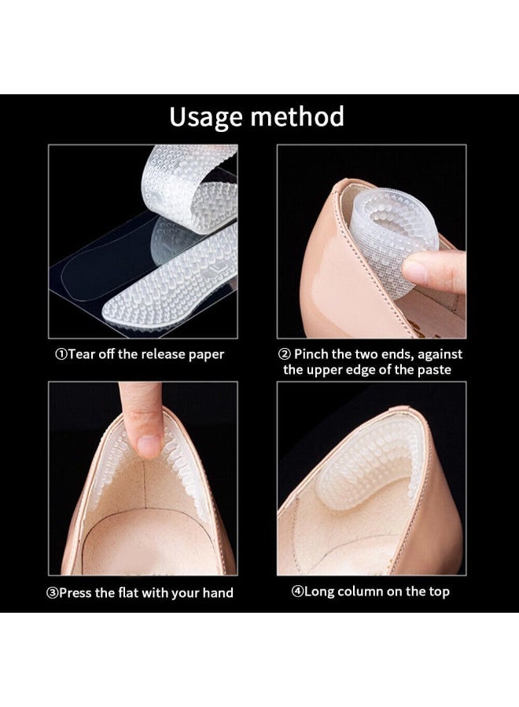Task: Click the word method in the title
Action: (298, 116)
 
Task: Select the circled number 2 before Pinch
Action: (285, 354)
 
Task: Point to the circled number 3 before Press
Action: (53, 593)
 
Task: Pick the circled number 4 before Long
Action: (298, 592)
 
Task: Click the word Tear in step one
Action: (81, 354)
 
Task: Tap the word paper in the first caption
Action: (206, 355)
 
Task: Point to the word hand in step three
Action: (218, 593)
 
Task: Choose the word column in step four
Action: (360, 592)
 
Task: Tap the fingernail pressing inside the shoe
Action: (149, 445)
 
